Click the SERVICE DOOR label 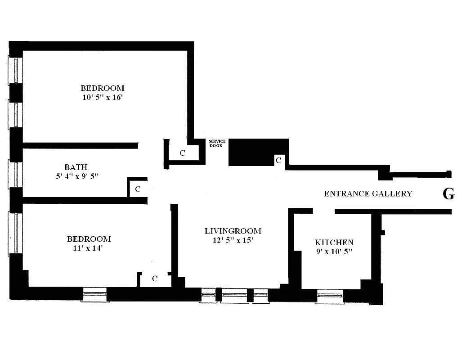coord(217,143)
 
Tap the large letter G coord(448,194)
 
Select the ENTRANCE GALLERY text coord(368,194)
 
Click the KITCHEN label coord(334,243)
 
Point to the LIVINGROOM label coord(233,231)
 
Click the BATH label coord(76,167)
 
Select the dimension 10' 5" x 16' coord(102,97)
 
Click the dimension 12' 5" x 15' coord(233,240)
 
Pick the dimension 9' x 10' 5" coord(334,252)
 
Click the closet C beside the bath coord(138,189)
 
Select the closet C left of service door coord(182,153)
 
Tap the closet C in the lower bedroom coord(154,279)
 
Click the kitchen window coord(329,296)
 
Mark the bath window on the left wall coord(15,174)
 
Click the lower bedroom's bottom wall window coord(94,295)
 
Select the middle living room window coord(234,296)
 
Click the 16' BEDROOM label coord(103,88)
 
